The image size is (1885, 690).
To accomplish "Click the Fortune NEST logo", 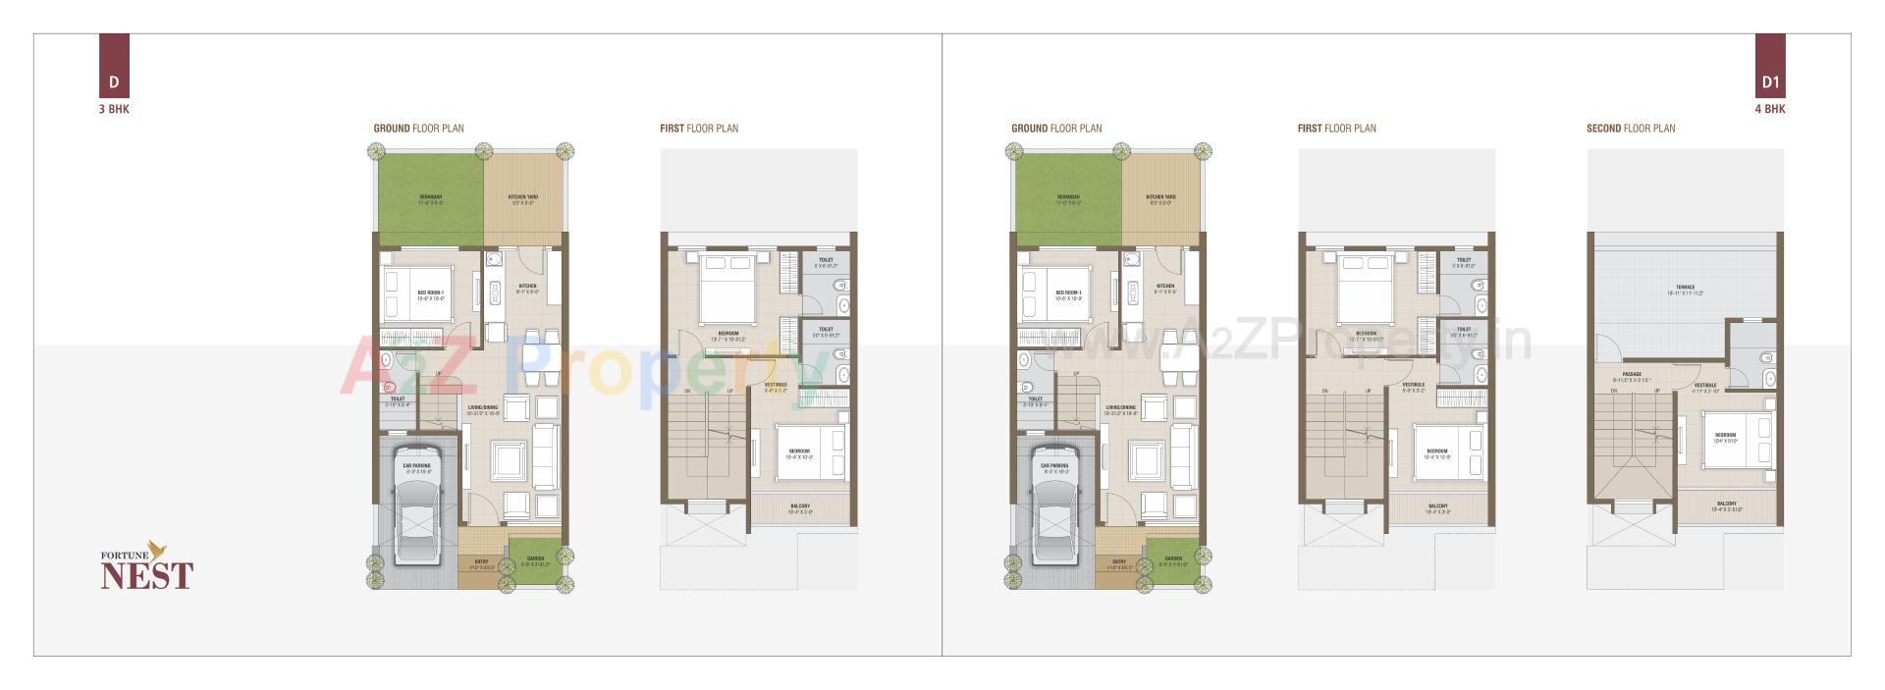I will tap(147, 566).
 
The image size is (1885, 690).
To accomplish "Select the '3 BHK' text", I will tap(114, 109).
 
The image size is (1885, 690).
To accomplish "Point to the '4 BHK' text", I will tap(1769, 109).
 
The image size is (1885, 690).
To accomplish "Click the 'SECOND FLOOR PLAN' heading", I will tap(1631, 129).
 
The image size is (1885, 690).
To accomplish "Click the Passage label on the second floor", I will tap(1631, 375).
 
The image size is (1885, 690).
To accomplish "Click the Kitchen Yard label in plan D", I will tap(522, 197).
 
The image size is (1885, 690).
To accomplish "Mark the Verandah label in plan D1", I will tap(1068, 197).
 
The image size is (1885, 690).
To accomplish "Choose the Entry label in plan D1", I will tap(1119, 562).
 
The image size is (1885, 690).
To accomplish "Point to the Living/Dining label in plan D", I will tap(482, 407).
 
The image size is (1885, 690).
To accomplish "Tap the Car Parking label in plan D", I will tap(416, 466).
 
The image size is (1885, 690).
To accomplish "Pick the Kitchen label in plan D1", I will tap(1165, 287).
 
